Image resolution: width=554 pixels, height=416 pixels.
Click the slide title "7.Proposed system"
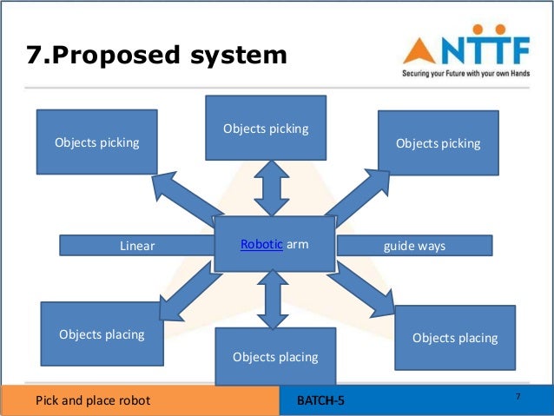pos(156,56)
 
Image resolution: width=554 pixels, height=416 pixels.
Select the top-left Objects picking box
pos(96,142)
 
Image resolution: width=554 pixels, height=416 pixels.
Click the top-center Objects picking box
pos(266,128)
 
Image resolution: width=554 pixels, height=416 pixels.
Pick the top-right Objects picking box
pos(438,143)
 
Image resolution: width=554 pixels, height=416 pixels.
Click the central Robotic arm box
pos(274,245)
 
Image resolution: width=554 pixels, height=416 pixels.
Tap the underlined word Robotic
pos(261,245)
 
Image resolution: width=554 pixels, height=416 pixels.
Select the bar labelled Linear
pos(136,246)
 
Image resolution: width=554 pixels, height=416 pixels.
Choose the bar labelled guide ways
pos(414,246)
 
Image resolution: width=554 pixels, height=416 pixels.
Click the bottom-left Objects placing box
pos(102,333)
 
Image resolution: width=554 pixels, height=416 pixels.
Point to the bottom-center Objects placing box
pos(275,356)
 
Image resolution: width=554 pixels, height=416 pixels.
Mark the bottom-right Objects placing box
pos(455,337)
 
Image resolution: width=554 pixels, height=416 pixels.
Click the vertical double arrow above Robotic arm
pos(272,188)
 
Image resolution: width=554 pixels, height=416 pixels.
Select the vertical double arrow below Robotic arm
pos(273,300)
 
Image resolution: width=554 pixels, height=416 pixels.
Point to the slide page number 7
pos(518,397)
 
